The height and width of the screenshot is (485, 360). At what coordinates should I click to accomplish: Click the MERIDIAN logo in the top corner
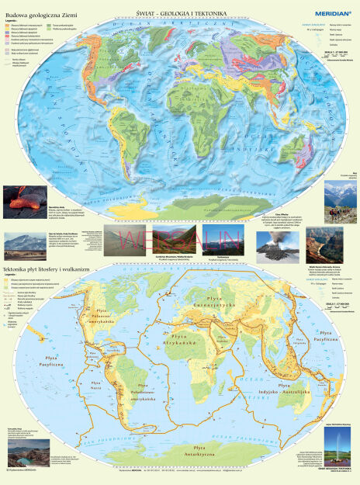[x=330, y=12]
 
